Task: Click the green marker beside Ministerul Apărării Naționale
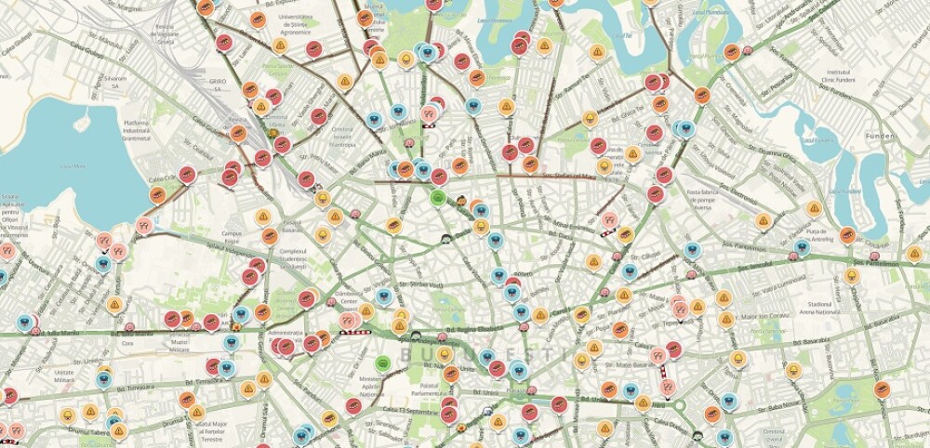click(381, 362)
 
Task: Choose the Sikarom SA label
click(115, 79)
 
